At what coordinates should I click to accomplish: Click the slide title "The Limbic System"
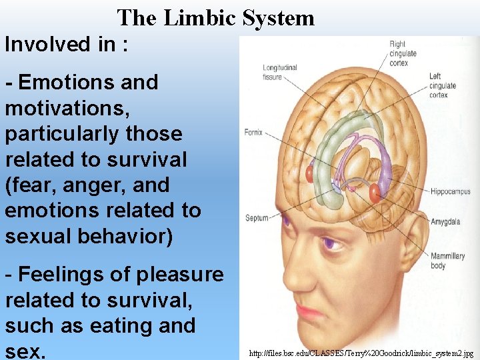click(x=215, y=17)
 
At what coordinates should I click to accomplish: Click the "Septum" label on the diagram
click(x=257, y=218)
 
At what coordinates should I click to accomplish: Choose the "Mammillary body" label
click(x=447, y=261)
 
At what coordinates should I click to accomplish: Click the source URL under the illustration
click(x=360, y=353)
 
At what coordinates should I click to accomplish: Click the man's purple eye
click(x=329, y=244)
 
